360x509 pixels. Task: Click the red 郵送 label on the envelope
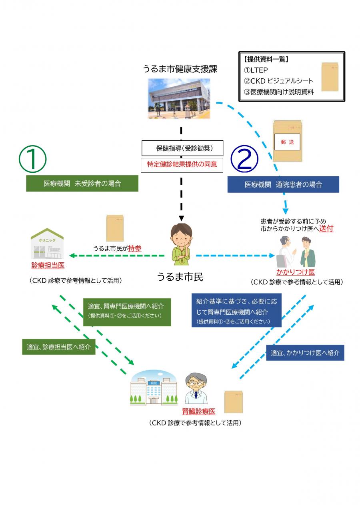[x=287, y=143]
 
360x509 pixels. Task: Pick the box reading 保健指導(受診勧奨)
[x=182, y=148]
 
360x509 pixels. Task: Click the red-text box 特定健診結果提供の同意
[x=182, y=164]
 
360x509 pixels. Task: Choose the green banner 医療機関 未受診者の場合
[x=82, y=184]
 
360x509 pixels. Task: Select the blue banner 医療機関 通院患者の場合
[x=283, y=185]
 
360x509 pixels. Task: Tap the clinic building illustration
[x=47, y=244]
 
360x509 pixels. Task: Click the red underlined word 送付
[x=326, y=229]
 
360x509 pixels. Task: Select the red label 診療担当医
[x=48, y=265]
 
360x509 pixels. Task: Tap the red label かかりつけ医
[x=296, y=272]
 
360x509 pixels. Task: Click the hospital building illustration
[x=154, y=388]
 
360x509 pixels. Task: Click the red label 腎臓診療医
[x=199, y=411]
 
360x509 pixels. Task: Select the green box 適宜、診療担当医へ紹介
[x=59, y=347]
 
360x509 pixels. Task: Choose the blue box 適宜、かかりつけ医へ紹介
[x=305, y=353]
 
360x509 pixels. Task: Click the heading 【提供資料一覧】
[x=266, y=60]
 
